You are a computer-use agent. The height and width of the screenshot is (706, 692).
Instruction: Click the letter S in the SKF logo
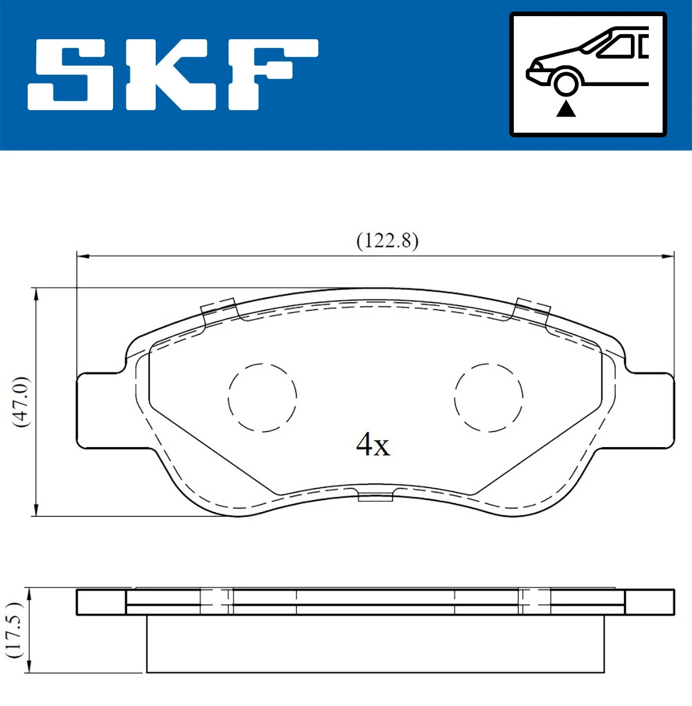pos(72,75)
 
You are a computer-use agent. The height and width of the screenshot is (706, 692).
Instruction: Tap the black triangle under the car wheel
pos(566,108)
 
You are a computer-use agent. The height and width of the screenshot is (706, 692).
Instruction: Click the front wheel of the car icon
pos(566,82)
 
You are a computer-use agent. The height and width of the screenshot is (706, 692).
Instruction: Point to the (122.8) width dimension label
pos(387,240)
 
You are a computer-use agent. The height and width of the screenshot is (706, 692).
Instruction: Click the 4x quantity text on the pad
pos(373,445)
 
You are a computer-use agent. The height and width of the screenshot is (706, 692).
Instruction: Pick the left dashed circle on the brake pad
pos(262,397)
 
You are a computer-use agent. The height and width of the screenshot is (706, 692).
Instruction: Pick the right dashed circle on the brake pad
pos(488,397)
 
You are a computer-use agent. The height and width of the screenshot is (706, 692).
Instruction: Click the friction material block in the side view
pos(375,644)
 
